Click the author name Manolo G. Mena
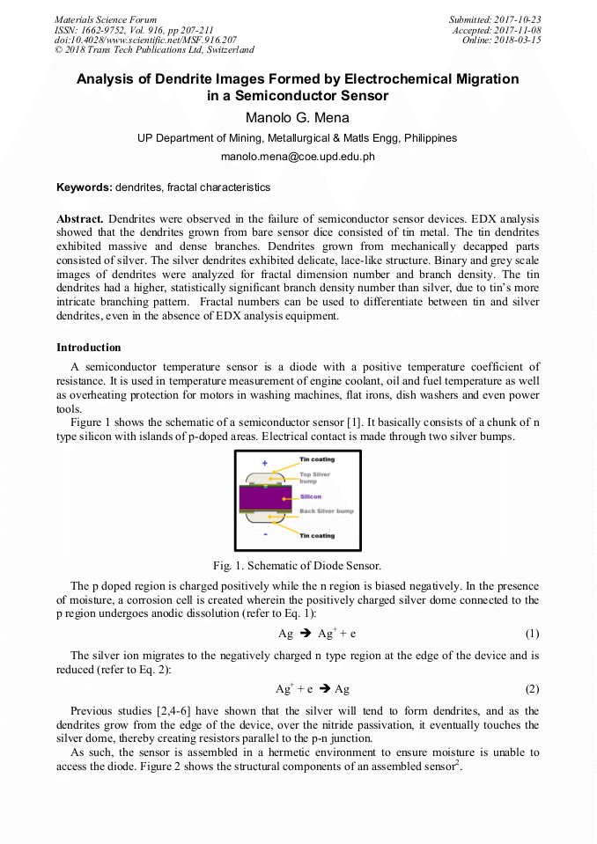298,119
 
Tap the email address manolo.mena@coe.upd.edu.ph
298,157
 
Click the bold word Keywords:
85,187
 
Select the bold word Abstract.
80,217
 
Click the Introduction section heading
89,348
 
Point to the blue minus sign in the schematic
265,533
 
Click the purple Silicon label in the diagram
311,496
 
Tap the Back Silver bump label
327,511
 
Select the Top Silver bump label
316,478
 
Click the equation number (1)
532,634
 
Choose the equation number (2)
532,689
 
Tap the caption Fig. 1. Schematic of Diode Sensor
298,565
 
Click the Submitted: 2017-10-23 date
494,19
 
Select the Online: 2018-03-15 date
501,40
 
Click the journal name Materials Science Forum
106,19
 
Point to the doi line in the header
145,40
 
